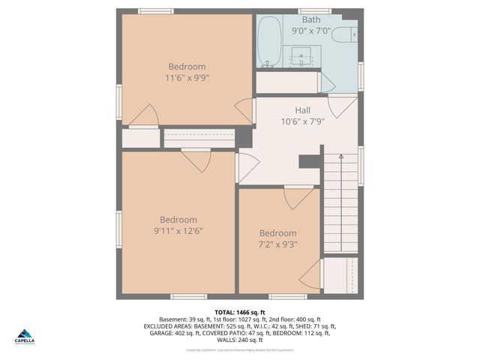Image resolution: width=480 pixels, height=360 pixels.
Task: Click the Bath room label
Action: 311,19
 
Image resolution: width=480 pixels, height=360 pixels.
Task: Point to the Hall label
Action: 302,110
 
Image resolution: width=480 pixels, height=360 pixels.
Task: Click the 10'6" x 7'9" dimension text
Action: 302,121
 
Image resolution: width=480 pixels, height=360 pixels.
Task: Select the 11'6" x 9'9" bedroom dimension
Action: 187,77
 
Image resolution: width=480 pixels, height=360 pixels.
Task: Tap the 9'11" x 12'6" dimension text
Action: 178,231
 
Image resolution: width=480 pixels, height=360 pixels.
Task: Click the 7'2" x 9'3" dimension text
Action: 277,244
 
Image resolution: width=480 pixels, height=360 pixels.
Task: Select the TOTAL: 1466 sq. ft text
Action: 239,311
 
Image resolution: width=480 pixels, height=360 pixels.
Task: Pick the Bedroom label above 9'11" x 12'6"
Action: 178,220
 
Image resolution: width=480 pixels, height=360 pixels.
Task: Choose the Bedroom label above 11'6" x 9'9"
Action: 187,66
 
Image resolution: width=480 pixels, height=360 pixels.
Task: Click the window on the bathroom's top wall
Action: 314,11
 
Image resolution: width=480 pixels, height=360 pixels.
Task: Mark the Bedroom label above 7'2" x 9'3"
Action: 277,232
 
